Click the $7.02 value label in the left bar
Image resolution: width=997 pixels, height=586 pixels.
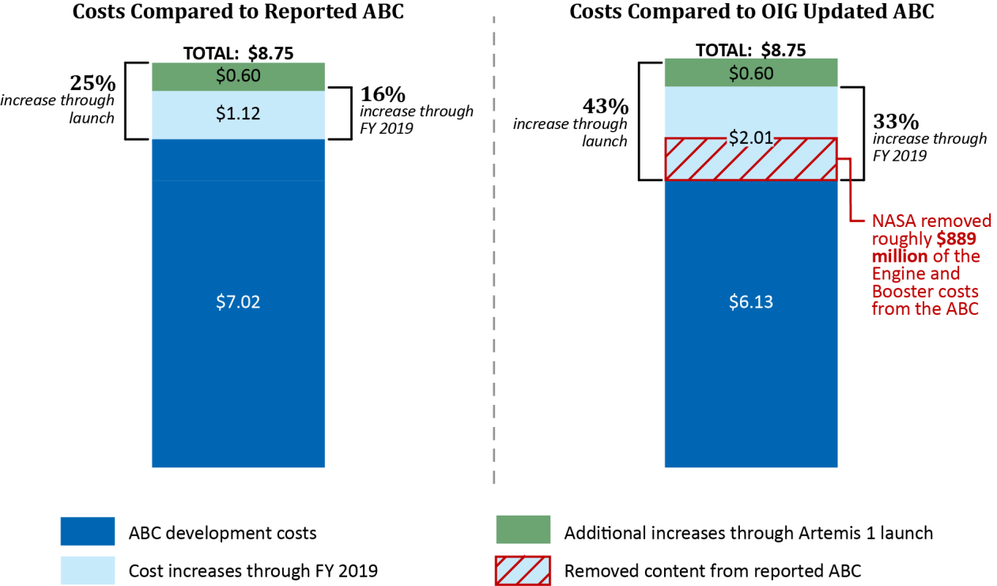238,301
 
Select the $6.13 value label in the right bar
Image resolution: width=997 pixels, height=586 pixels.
750,301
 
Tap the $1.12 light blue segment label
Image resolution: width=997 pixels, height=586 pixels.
238,115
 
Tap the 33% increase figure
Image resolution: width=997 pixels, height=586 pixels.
896,122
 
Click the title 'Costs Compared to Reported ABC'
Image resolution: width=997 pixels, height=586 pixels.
237,13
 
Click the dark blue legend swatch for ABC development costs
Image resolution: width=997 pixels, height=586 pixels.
88,531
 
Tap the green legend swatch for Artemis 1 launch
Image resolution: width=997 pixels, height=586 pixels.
523,530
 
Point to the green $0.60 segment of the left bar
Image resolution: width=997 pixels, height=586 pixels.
238,77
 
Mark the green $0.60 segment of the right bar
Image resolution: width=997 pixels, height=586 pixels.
750,73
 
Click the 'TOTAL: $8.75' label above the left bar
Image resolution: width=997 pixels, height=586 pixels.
238,53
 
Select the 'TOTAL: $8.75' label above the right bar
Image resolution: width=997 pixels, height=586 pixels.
750,50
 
